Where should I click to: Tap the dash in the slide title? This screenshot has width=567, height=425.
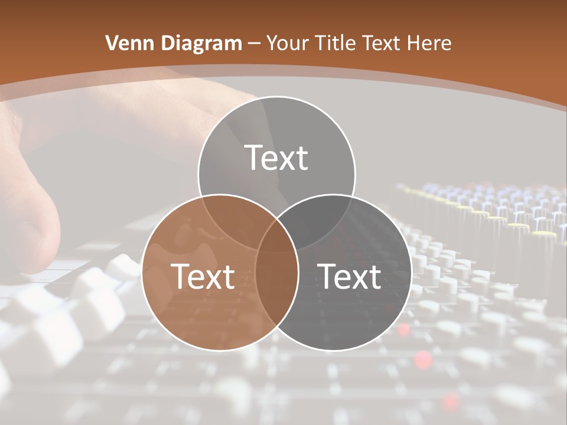click(x=254, y=44)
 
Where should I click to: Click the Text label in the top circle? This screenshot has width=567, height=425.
click(x=276, y=158)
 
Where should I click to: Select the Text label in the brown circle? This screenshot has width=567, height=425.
click(x=203, y=276)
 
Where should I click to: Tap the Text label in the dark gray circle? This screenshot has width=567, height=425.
click(x=349, y=276)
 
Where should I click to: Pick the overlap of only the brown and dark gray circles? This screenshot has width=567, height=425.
click(x=277, y=283)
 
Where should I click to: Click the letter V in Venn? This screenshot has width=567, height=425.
click(x=112, y=43)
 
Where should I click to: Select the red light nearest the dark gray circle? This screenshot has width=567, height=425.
click(x=404, y=329)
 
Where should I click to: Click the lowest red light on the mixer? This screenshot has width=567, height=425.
click(x=451, y=401)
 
